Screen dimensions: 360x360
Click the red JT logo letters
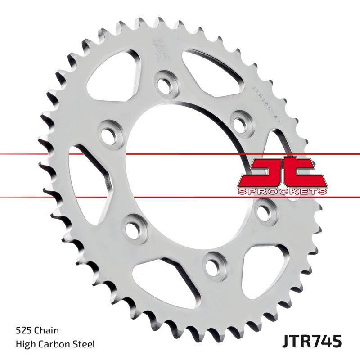click(x=281, y=173)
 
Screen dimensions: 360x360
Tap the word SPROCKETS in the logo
click(x=281, y=192)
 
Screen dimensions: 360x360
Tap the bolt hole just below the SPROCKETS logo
click(x=262, y=210)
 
